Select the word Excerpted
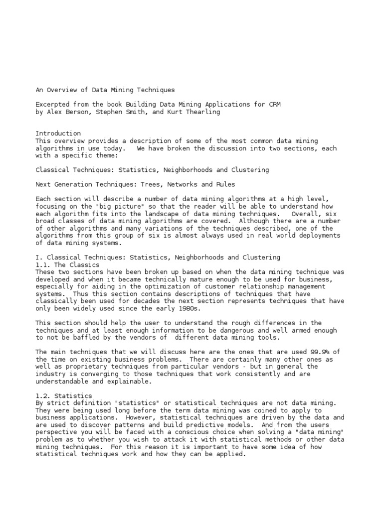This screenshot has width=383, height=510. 53,105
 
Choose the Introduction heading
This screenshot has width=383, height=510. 58,133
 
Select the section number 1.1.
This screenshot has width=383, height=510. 42,264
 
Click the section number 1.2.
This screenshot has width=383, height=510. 42,395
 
